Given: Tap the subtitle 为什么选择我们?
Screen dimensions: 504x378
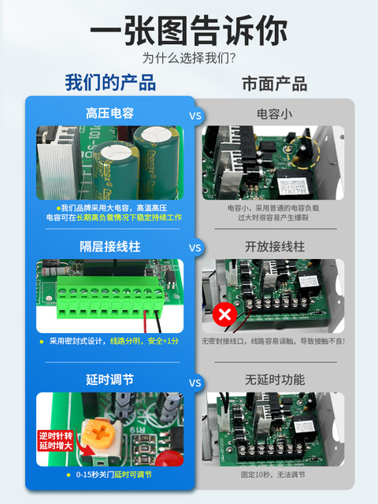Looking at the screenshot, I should pyautogui.click(x=188, y=58).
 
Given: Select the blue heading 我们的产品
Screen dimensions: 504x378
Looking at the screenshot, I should pyautogui.click(x=110, y=83).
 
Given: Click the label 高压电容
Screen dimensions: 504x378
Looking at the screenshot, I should pyautogui.click(x=109, y=113).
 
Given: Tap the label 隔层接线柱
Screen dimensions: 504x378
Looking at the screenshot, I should pyautogui.click(x=109, y=246).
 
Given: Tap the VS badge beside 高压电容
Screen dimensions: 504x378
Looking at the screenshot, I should pyautogui.click(x=195, y=114).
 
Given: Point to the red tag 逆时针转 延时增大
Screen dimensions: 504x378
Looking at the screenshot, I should pyautogui.click(x=54, y=441).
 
